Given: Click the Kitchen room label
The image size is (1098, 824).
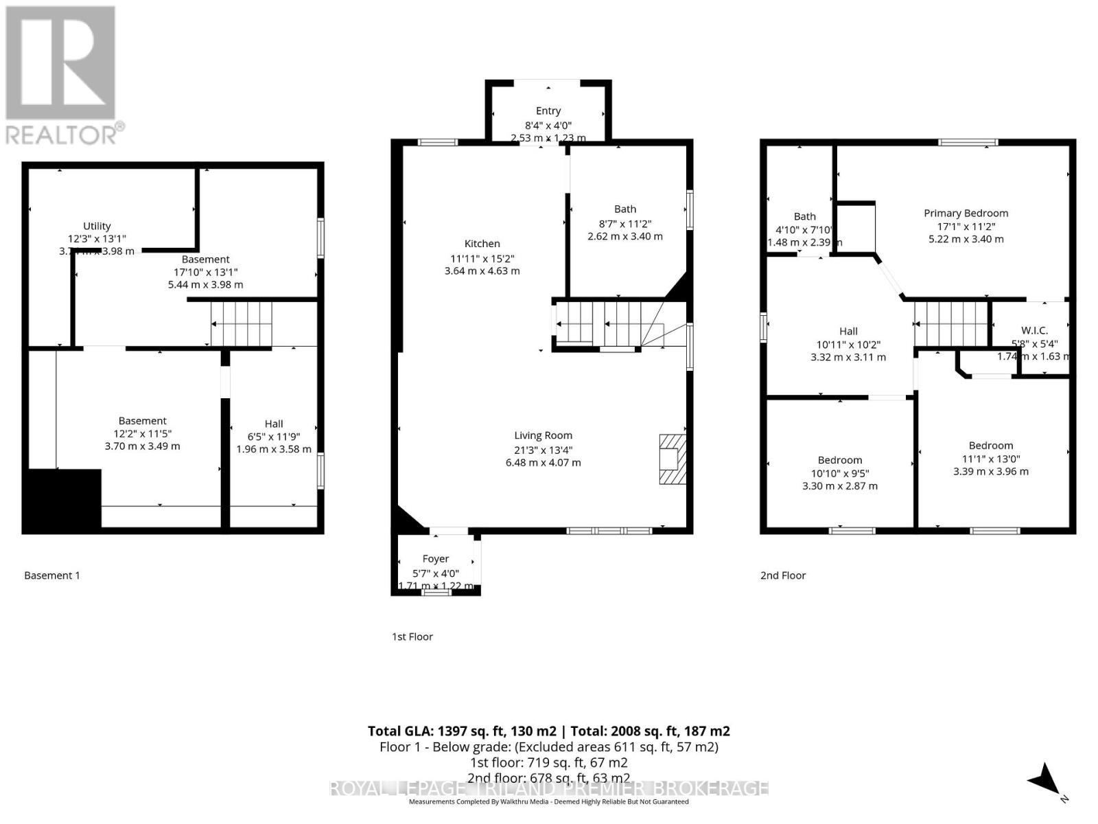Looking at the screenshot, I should click(x=482, y=244).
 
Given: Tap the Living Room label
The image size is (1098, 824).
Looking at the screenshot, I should click(x=543, y=435).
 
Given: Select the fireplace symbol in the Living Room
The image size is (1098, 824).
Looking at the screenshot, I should click(x=673, y=459).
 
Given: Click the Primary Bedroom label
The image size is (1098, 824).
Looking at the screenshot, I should click(x=966, y=214).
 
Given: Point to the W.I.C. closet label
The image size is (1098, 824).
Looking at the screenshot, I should click(x=1034, y=331).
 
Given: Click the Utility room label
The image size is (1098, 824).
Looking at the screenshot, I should click(x=97, y=226).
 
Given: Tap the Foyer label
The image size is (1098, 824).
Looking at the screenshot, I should click(x=436, y=559).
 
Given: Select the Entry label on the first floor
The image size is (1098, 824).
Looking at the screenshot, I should click(x=548, y=111).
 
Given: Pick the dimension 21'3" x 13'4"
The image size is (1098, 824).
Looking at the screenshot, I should click(x=543, y=450).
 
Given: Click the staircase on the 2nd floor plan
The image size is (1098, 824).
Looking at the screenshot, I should click(x=951, y=324).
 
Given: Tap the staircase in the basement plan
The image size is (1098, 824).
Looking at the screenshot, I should click(x=242, y=324).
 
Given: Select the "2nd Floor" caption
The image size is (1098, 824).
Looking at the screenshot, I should click(x=783, y=575).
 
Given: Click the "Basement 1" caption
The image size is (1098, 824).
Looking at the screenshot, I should click(x=52, y=575).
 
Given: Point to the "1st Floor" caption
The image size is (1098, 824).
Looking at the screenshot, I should click(x=412, y=637).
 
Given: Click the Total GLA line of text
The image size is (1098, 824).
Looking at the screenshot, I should click(x=548, y=731).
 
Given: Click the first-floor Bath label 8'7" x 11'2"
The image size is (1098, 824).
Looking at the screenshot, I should click(x=624, y=209).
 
